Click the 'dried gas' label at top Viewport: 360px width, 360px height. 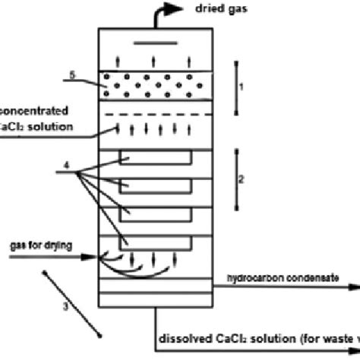click(x=210, y=8)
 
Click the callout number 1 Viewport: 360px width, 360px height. click(x=241, y=88)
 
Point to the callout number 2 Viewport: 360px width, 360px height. click(x=241, y=179)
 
